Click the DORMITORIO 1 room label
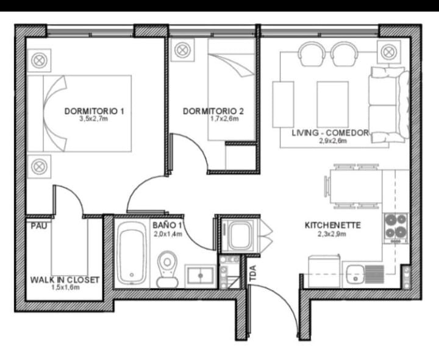click(x=94, y=111)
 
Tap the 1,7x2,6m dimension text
click(x=224, y=119)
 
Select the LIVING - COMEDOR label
click(x=330, y=133)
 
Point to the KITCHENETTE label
click(x=333, y=225)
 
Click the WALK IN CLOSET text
click(x=65, y=280)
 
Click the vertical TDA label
click(x=253, y=273)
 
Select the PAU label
click(x=39, y=225)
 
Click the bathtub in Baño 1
click(x=132, y=254)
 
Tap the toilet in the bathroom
click(x=167, y=269)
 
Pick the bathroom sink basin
click(x=201, y=275)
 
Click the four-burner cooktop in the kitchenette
click(x=396, y=228)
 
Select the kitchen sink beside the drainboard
click(x=355, y=273)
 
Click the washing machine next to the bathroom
click(x=238, y=235)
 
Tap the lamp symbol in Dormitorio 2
click(x=182, y=50)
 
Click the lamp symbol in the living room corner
click(x=388, y=52)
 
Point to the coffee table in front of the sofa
click(x=333, y=104)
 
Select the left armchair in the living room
click(x=312, y=54)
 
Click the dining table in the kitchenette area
click(x=356, y=186)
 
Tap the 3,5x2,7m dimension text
click(x=94, y=119)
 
